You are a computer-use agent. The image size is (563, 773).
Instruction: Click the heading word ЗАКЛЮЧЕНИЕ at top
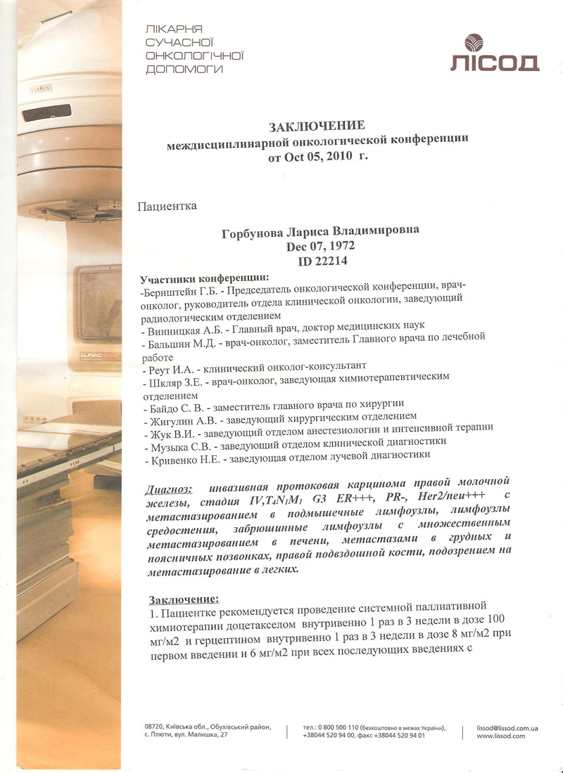(317, 126)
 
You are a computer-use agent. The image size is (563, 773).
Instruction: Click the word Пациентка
(167, 206)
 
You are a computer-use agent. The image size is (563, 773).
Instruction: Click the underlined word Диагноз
(168, 488)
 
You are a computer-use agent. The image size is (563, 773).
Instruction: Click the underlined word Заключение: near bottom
(184, 599)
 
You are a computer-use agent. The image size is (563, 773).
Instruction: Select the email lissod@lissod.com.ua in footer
(507, 729)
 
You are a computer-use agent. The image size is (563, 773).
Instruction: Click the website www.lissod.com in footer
(500, 736)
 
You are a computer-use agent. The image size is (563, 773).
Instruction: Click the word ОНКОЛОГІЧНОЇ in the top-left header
(194, 56)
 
